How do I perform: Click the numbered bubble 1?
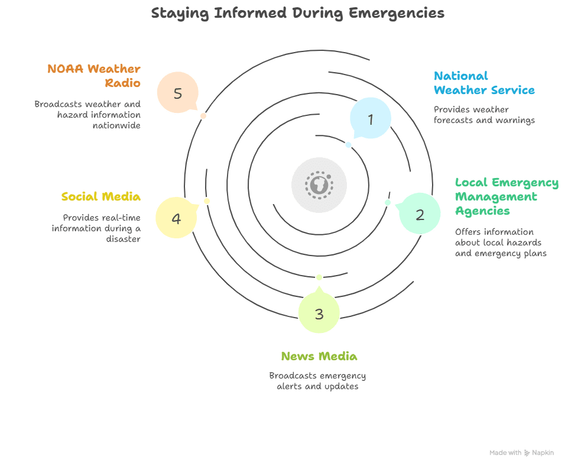pyautogui.click(x=371, y=118)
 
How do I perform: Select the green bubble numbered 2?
pyautogui.click(x=420, y=214)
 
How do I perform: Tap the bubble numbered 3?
pyautogui.click(x=319, y=313)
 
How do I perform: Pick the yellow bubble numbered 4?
pyautogui.click(x=176, y=218)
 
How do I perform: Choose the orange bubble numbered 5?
pyautogui.click(x=178, y=92)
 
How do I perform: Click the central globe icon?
pyautogui.click(x=319, y=185)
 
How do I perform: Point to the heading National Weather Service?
pyautogui.click(x=483, y=83)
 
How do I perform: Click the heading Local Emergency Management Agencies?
pyautogui.click(x=506, y=196)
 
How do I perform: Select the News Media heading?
pyautogui.click(x=319, y=356)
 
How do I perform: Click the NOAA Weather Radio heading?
pyautogui.click(x=95, y=76)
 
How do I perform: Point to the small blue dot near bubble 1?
pyautogui.click(x=349, y=145)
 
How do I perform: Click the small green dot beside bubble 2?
pyautogui.click(x=388, y=202)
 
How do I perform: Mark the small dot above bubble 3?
pyautogui.click(x=319, y=277)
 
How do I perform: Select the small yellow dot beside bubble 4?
pyautogui.click(x=207, y=201)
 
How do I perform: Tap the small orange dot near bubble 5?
pyautogui.click(x=203, y=116)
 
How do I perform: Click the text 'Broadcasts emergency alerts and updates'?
pyautogui.click(x=318, y=381)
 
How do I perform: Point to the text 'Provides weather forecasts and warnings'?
pyautogui.click(x=483, y=115)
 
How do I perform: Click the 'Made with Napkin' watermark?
pyautogui.click(x=521, y=452)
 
